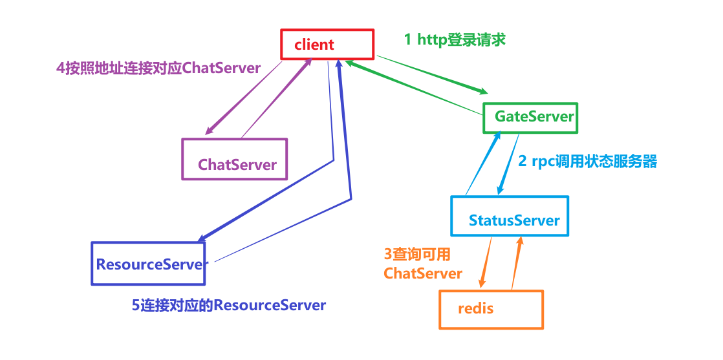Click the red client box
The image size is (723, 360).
[327, 45]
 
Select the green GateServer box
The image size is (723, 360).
[530, 117]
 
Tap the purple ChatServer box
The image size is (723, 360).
[234, 159]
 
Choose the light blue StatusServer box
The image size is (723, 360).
[510, 217]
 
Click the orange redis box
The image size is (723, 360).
[491, 309]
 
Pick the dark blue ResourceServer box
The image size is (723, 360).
[148, 264]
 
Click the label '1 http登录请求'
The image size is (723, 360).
[455, 39]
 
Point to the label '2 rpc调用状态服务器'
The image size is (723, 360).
[587, 162]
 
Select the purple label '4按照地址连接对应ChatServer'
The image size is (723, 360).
[158, 69]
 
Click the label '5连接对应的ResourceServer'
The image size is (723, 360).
[229, 305]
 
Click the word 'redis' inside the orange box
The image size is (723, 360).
[475, 309]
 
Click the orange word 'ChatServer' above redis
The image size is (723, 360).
[423, 273]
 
